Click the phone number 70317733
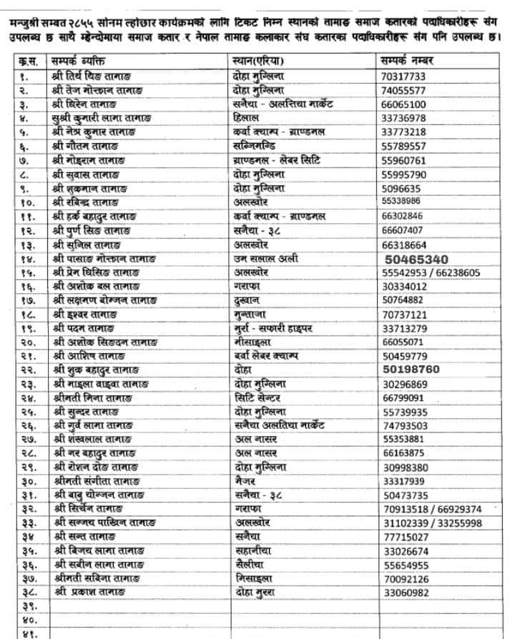[x=404, y=76]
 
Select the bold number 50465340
[x=416, y=259]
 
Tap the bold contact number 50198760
[x=416, y=370]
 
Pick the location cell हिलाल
[x=250, y=118]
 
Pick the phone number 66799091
[x=406, y=397]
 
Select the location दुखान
[x=250, y=300]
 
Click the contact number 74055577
[x=404, y=91]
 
